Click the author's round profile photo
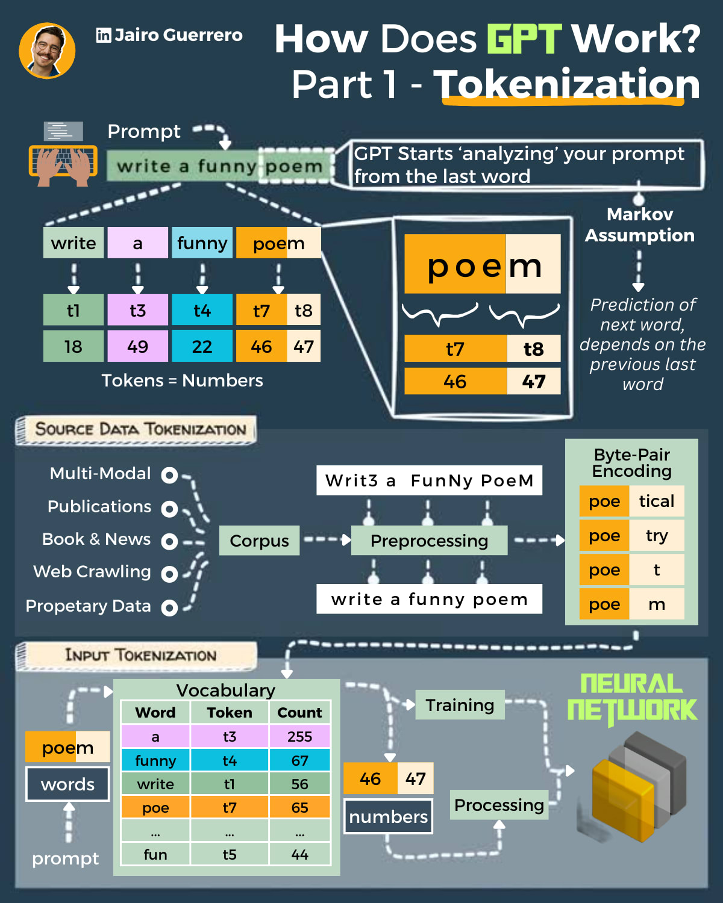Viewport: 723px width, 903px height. pos(47,51)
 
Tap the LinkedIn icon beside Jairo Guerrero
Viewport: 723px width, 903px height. pos(103,36)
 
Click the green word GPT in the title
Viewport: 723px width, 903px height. pos(524,39)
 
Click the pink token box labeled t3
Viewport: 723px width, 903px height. pos(137,311)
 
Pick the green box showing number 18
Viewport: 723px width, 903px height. pos(73,347)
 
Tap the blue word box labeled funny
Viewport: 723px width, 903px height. pos(202,243)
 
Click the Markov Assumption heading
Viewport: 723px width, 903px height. pos(639,225)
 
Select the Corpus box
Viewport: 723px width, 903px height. pos(259,541)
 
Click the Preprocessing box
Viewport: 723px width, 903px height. pos(429,541)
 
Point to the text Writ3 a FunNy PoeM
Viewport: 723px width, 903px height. pos(429,480)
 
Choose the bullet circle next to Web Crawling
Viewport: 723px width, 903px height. pos(169,574)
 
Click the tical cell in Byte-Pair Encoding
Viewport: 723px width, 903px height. pos(656,501)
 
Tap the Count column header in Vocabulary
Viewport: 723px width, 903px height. pos(299,713)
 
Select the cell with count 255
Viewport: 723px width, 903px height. pos(299,737)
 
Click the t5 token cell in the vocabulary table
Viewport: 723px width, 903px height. pos(230,855)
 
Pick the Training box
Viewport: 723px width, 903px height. pos(460,705)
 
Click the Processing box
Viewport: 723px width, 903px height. pos(499,805)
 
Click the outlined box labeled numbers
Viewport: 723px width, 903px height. pos(388,817)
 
